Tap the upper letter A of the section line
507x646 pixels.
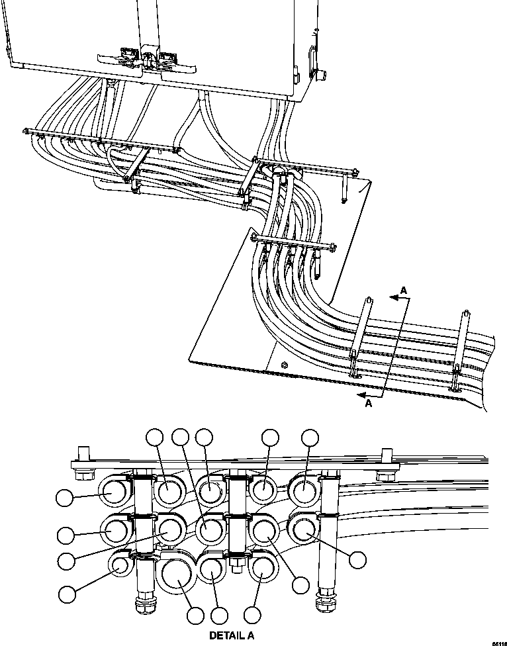point(403,289)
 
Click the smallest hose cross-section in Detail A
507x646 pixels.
point(120,564)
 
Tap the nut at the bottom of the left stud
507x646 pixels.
point(142,606)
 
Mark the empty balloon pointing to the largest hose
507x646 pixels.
point(195,616)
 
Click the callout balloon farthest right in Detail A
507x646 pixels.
point(357,559)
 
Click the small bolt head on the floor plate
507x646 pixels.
point(283,365)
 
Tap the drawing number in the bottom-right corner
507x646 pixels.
point(498,641)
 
